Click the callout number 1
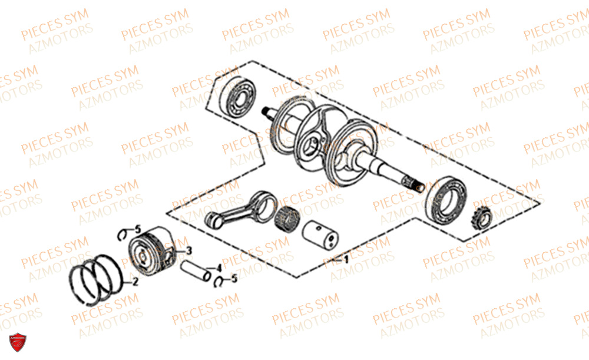[346, 259]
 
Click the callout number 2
[135, 281]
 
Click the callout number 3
[189, 250]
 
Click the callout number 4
[219, 268]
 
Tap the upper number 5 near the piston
[138, 229]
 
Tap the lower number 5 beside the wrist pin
[234, 279]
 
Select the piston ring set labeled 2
[96, 280]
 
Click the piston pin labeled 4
[196, 271]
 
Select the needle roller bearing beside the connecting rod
[287, 219]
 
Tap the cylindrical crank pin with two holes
[320, 234]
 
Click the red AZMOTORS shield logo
[17, 342]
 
